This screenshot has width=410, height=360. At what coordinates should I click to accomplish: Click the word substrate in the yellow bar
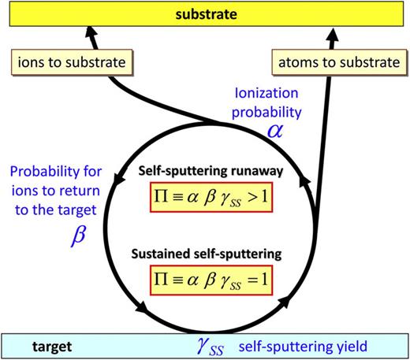(207, 14)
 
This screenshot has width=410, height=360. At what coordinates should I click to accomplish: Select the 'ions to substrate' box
(72, 62)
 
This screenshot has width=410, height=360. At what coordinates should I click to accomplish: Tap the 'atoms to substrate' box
(339, 62)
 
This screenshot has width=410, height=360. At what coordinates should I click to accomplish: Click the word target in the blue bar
(52, 347)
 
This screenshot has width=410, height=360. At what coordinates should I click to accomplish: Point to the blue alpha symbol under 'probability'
(275, 131)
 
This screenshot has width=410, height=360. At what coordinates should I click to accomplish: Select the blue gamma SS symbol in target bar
(211, 347)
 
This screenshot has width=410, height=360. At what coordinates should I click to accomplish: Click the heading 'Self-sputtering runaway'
(211, 171)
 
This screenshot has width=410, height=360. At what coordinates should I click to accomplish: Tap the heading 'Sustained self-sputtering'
(207, 254)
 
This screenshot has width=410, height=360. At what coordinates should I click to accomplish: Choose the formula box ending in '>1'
(211, 197)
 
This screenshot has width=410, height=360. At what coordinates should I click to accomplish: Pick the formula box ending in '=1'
(211, 280)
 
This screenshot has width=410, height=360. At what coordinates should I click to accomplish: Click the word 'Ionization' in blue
(266, 93)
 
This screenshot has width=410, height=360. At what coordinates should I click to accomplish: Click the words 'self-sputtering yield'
(303, 347)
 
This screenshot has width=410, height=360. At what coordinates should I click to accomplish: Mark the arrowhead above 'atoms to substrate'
(334, 35)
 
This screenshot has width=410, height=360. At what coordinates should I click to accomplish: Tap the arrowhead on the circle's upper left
(119, 178)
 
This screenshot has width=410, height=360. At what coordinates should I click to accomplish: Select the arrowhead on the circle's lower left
(141, 306)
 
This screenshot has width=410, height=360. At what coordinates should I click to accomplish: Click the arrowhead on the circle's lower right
(284, 302)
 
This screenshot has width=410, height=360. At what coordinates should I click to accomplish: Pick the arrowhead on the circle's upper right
(304, 181)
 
